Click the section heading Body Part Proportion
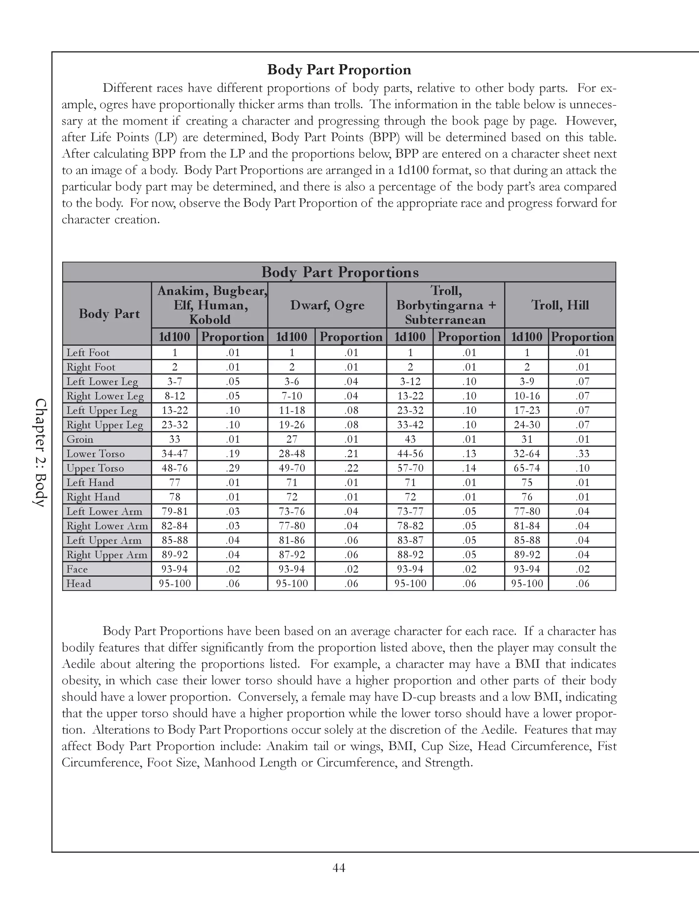pos(339,70)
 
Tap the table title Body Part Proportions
pos(340,272)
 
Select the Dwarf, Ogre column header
pos(327,305)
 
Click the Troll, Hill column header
pos(560,305)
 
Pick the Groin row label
pos(80,439)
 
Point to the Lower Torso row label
pos(95,454)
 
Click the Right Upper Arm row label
pos(107,555)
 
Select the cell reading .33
pos(582,454)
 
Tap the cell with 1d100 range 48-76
pos(174,468)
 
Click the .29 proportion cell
pos(233,468)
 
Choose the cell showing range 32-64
pos(527,454)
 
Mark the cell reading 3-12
pos(410,382)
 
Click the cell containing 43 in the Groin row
pos(410,439)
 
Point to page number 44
pos(339,867)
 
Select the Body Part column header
pos(109,314)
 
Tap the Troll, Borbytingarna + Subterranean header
pos(445,305)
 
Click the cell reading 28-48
pos(291,454)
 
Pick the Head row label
pos(79,584)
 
